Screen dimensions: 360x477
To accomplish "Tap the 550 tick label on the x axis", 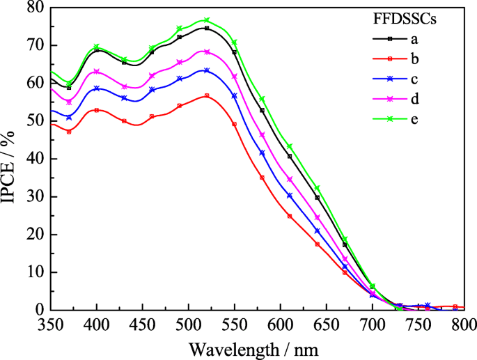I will (235, 324).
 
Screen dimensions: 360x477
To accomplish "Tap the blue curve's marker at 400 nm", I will (97, 88).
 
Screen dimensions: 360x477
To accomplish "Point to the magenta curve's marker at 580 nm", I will (262, 134).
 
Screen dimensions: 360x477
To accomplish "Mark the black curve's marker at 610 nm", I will (290, 156).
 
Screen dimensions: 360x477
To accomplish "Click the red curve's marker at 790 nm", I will (455, 306).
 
